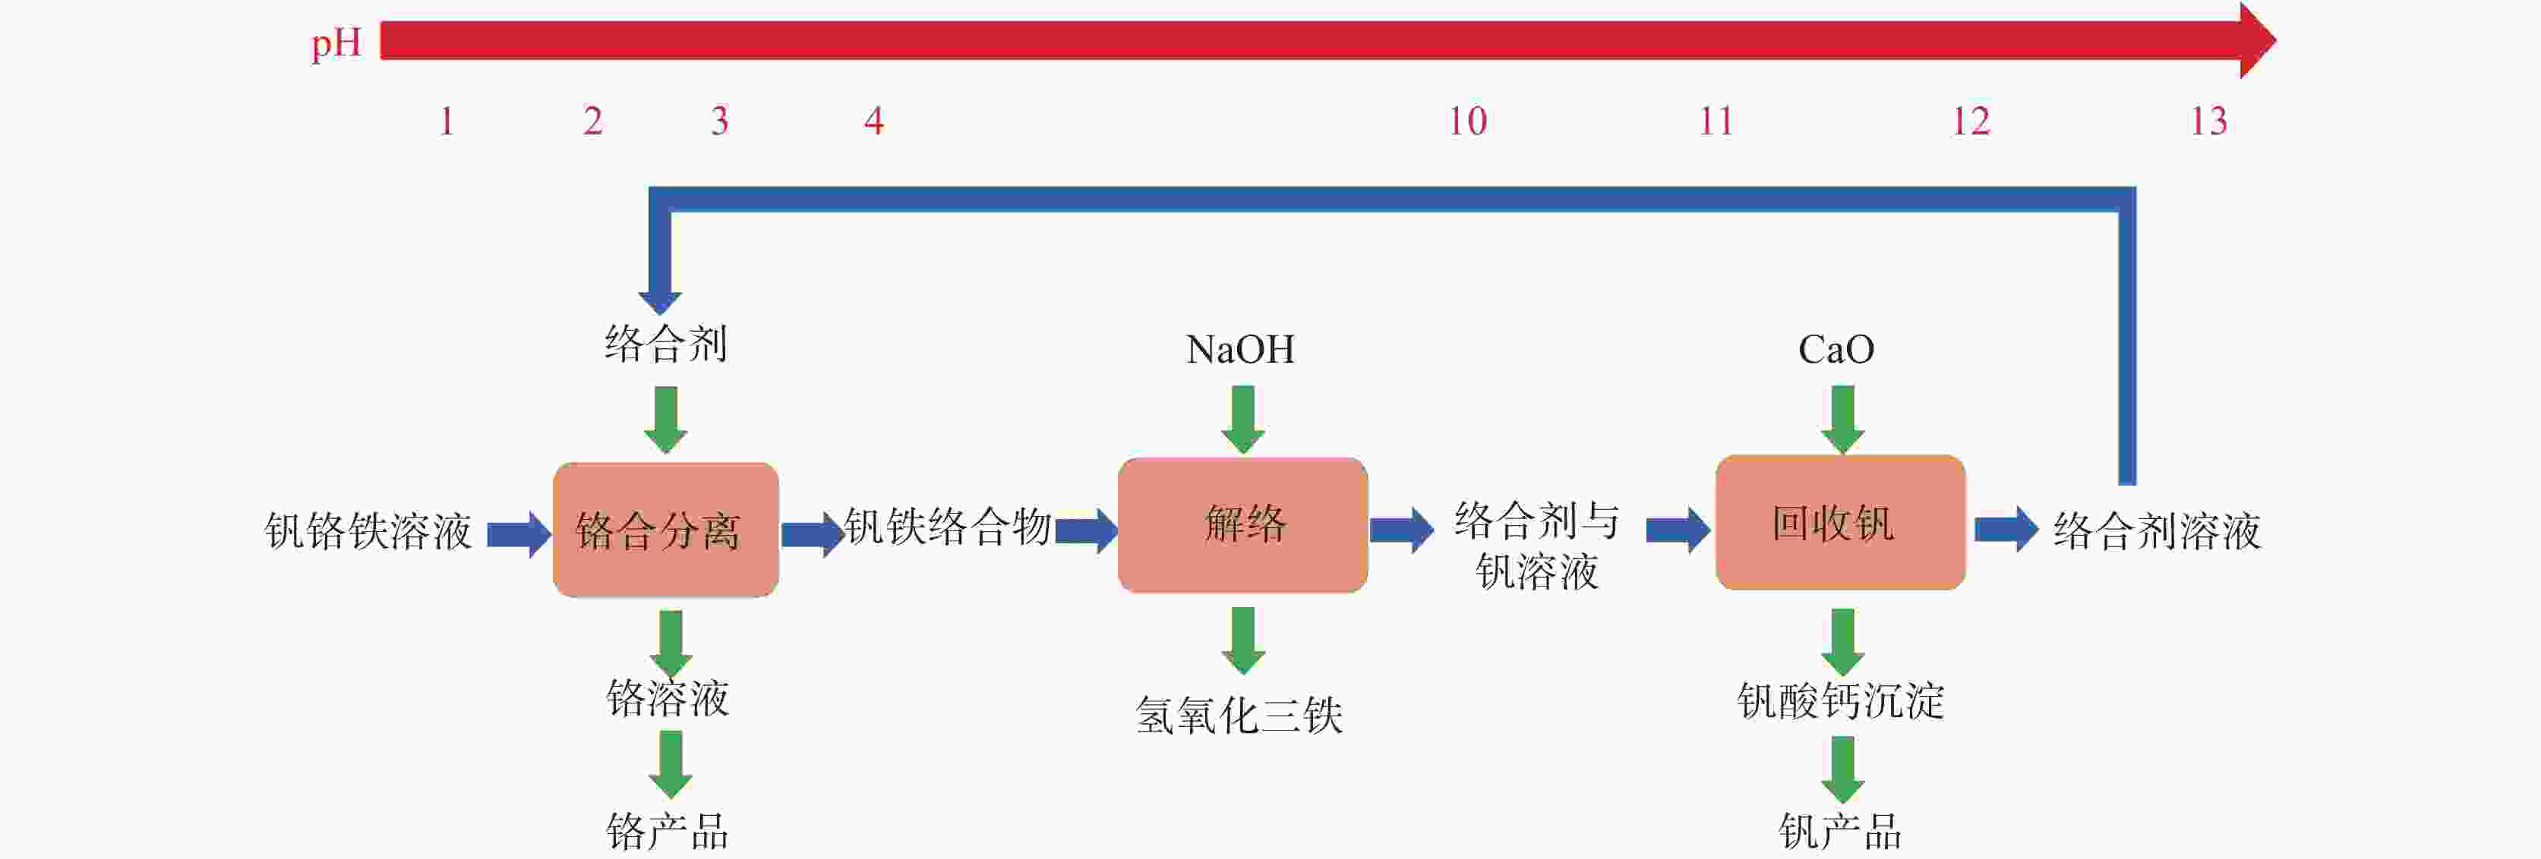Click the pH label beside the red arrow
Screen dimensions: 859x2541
coord(336,44)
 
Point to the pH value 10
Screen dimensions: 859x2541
coord(1466,121)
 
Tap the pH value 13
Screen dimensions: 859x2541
coord(2208,121)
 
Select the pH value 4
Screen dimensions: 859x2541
coord(873,121)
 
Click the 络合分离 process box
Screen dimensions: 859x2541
coord(666,530)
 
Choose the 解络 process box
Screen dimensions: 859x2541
coord(1242,524)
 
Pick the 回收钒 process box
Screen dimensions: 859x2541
coord(1839,523)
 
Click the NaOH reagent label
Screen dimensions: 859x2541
coord(1240,349)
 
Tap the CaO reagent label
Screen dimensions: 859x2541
coord(1836,349)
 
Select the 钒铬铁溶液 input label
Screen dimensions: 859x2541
coord(368,532)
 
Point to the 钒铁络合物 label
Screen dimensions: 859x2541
coord(947,527)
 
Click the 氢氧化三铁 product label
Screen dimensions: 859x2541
coord(1239,715)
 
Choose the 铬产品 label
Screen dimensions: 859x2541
coord(668,832)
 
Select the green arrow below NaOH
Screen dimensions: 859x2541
coord(1243,419)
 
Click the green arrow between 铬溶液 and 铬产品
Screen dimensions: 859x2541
coord(671,764)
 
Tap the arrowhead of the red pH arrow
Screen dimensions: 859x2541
coord(2257,40)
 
